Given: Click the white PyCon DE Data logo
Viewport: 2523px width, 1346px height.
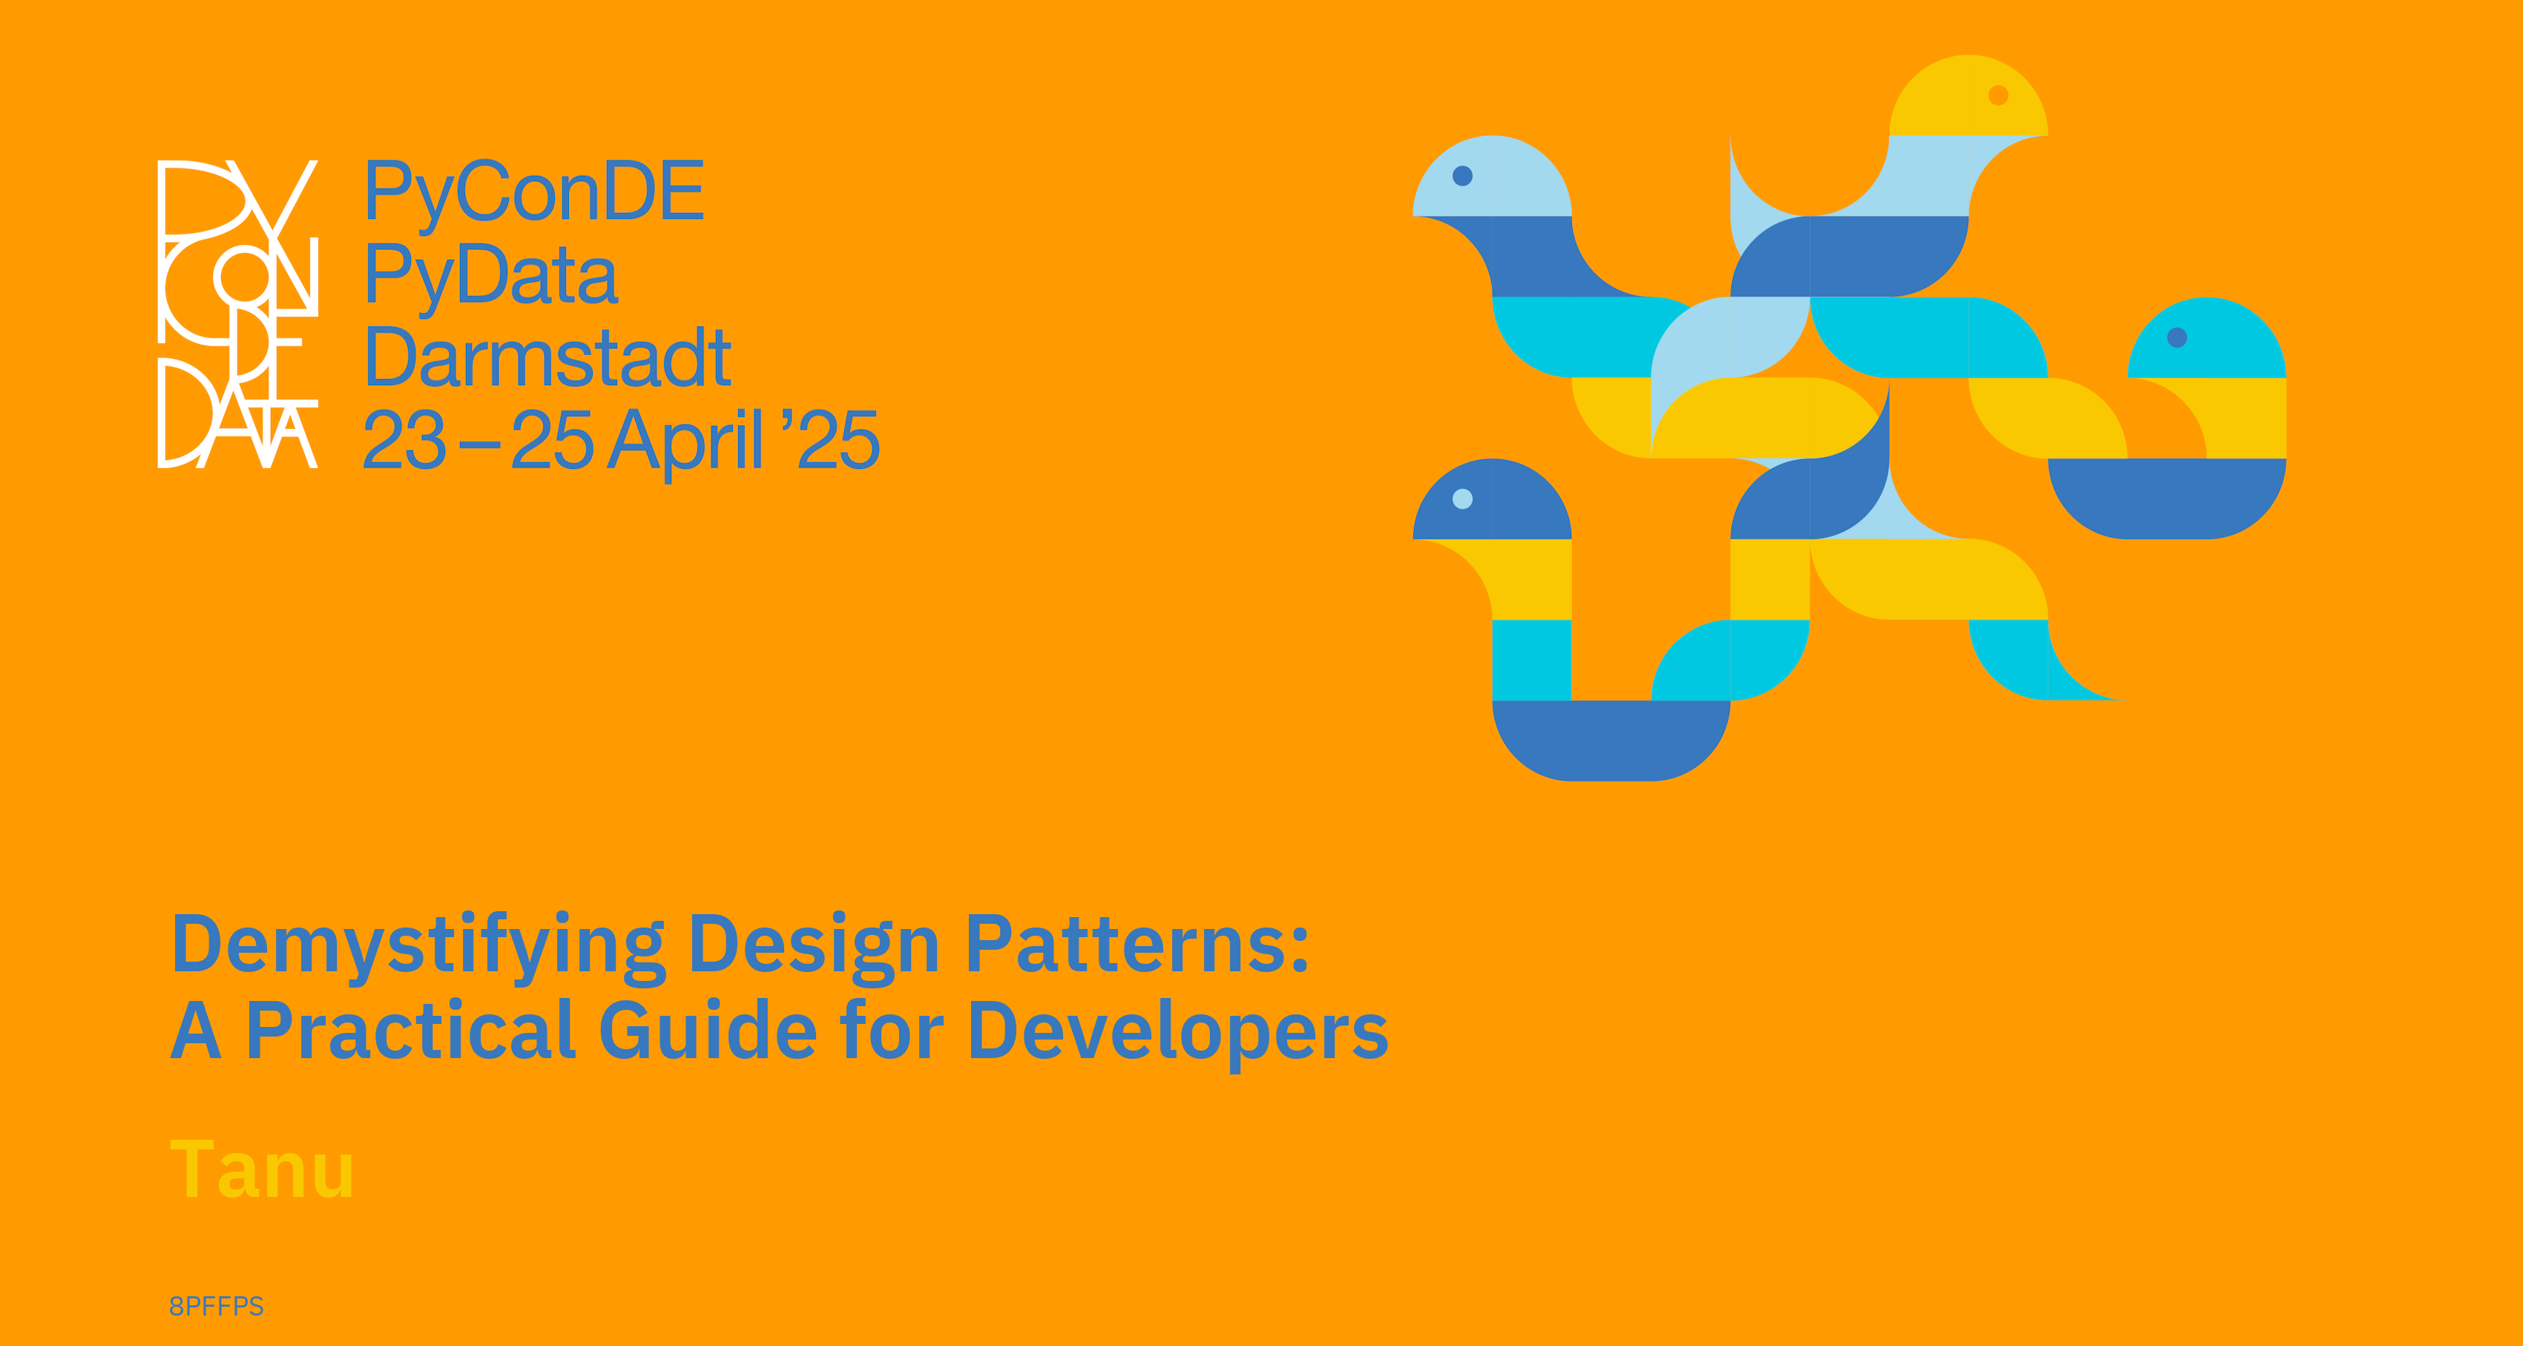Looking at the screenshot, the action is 238,313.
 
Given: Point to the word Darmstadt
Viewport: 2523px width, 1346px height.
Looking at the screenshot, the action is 547,358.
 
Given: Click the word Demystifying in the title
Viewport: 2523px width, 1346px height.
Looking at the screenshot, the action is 418,946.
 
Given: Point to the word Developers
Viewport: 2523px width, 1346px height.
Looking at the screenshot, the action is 1178,1034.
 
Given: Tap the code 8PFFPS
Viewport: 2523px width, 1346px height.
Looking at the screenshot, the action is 217,1306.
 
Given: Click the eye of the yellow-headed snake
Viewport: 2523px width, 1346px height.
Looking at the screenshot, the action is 1999,95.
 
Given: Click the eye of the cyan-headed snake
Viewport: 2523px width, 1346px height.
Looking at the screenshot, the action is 2177,338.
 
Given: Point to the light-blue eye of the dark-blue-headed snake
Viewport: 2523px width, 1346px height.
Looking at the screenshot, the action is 1462,499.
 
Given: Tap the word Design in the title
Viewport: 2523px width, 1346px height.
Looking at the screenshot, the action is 815,946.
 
